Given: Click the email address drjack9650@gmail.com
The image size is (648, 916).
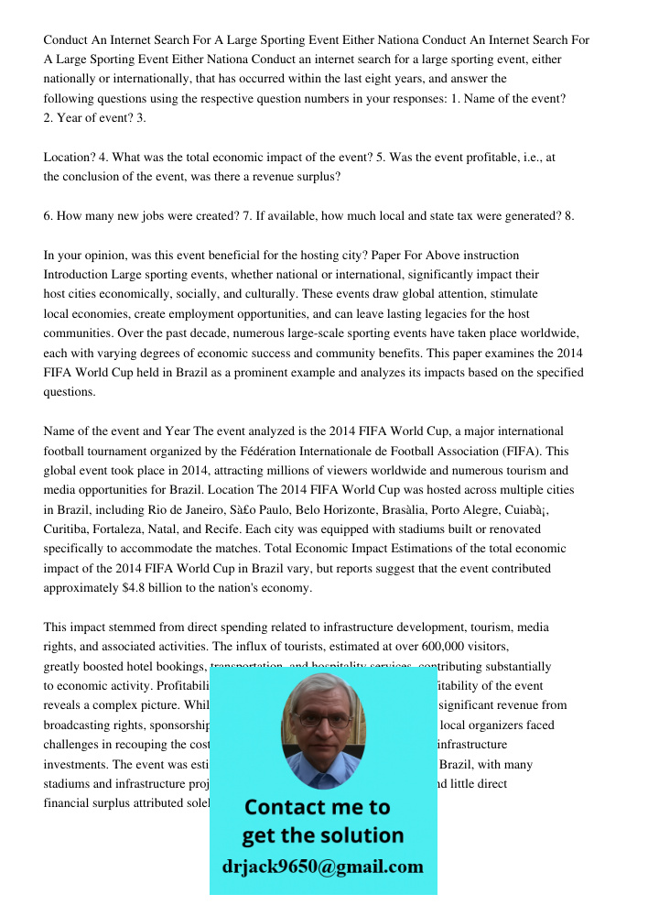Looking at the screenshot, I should (323, 867).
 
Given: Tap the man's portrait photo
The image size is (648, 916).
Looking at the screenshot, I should (322, 731).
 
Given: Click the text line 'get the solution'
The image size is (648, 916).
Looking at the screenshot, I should (322, 835).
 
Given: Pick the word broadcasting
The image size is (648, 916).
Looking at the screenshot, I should (84, 725).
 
